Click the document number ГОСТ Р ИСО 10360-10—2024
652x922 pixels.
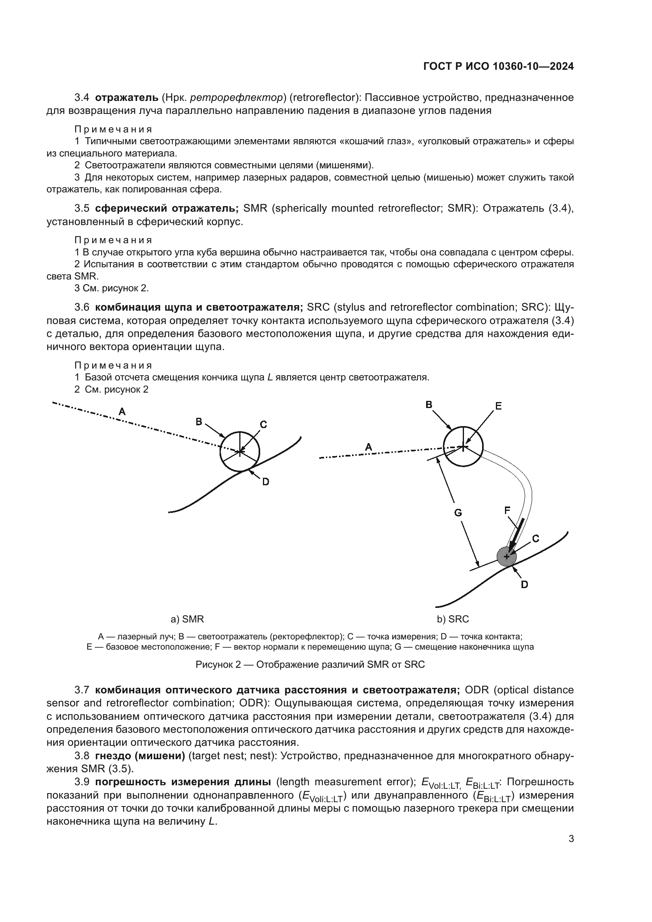(498, 66)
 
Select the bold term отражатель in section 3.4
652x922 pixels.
(127, 98)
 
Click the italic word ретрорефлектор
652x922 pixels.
(237, 98)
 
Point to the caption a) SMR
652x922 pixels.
(187, 619)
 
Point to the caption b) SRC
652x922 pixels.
(453, 619)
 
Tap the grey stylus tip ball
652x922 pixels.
(507, 557)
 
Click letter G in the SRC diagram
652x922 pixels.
(458, 513)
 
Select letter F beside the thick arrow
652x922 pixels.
(507, 510)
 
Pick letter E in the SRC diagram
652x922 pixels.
(498, 406)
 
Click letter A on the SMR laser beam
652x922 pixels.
(122, 411)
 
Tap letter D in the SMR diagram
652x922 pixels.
(265, 481)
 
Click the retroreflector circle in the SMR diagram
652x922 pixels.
(240, 452)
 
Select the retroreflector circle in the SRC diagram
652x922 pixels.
(463, 446)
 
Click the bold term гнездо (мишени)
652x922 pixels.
(140, 756)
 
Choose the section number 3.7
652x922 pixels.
(82, 690)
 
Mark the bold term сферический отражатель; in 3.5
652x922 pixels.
(167, 209)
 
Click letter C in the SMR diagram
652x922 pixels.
(263, 425)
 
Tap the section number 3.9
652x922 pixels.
(82, 782)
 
